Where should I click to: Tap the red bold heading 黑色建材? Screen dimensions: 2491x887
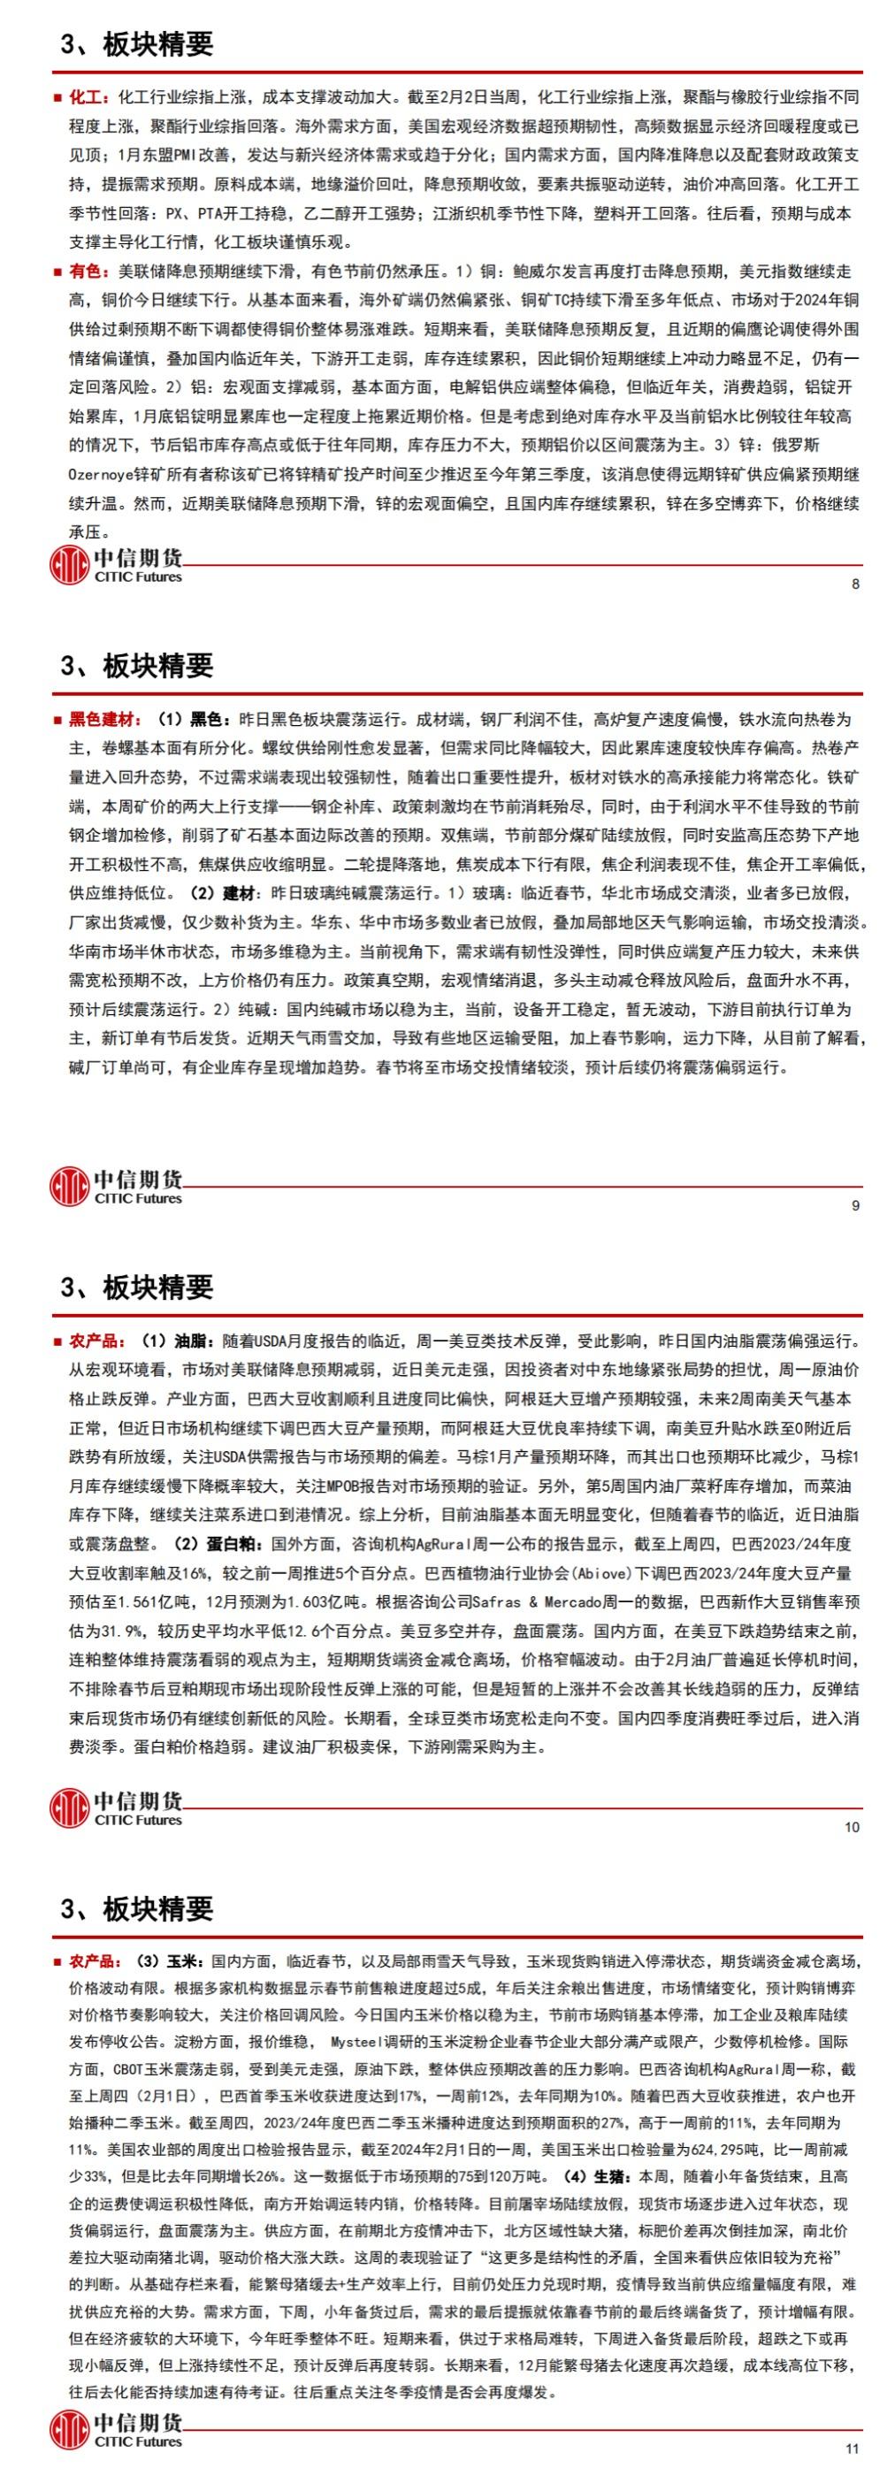click(103, 720)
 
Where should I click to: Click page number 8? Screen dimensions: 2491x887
click(855, 585)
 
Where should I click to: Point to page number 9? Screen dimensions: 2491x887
click(855, 1206)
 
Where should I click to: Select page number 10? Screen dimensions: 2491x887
click(852, 1827)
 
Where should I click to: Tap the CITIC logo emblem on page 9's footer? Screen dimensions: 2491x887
click(69, 1187)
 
